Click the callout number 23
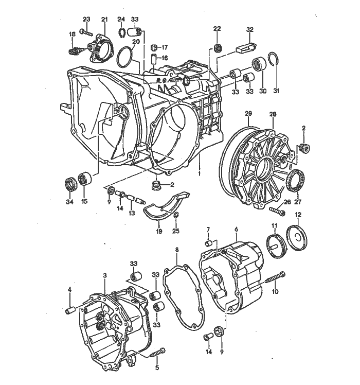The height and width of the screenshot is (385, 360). [x=86, y=19]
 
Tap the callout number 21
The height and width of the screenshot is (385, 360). [x=104, y=19]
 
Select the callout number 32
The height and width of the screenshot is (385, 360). [x=250, y=29]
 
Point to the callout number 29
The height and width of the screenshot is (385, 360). [x=248, y=113]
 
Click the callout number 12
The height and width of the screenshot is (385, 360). [x=298, y=215]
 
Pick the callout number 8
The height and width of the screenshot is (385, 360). [x=177, y=251]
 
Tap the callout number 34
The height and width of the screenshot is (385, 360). [x=69, y=201]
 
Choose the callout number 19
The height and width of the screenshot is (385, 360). [x=159, y=232]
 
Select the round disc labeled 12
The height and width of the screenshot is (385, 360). [x=297, y=238]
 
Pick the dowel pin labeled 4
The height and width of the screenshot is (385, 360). [x=71, y=310]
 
